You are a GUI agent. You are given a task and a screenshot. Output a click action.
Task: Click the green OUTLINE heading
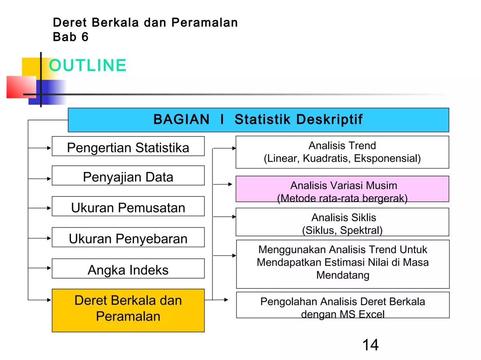(x=87, y=66)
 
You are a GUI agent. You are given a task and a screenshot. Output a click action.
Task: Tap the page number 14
(x=370, y=345)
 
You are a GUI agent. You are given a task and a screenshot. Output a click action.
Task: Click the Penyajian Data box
(x=128, y=176)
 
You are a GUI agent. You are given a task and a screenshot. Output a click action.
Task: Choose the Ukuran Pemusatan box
(x=128, y=207)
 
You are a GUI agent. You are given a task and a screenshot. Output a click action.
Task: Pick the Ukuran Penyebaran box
(x=128, y=238)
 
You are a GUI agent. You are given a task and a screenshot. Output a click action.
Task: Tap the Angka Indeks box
(x=128, y=269)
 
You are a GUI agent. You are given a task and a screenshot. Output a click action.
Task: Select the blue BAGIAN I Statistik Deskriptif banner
(x=258, y=120)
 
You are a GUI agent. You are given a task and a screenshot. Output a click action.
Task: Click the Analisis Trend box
(x=342, y=152)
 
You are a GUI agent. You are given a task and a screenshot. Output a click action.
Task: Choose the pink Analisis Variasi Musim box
(x=342, y=189)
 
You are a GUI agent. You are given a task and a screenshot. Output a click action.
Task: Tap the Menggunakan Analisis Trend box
(x=342, y=263)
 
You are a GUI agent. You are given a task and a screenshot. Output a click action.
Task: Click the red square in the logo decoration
(x=20, y=86)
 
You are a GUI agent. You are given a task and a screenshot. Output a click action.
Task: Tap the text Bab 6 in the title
(x=71, y=37)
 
